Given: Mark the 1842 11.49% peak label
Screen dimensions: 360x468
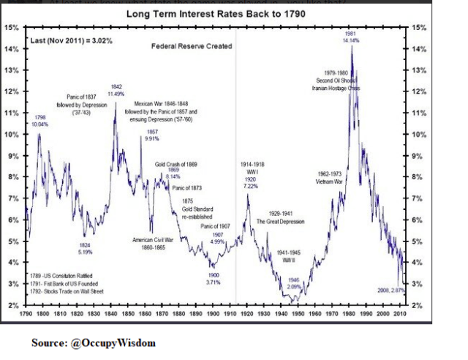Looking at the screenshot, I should click(116, 90).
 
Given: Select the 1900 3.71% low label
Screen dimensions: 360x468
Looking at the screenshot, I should click(212, 278).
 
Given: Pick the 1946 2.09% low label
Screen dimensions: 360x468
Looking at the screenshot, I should click(293, 282).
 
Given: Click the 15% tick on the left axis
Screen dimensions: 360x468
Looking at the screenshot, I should click(12, 28).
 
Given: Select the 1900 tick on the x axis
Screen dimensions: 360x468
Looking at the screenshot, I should click(212, 312).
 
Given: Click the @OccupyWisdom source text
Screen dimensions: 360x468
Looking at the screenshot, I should click(93, 342).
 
